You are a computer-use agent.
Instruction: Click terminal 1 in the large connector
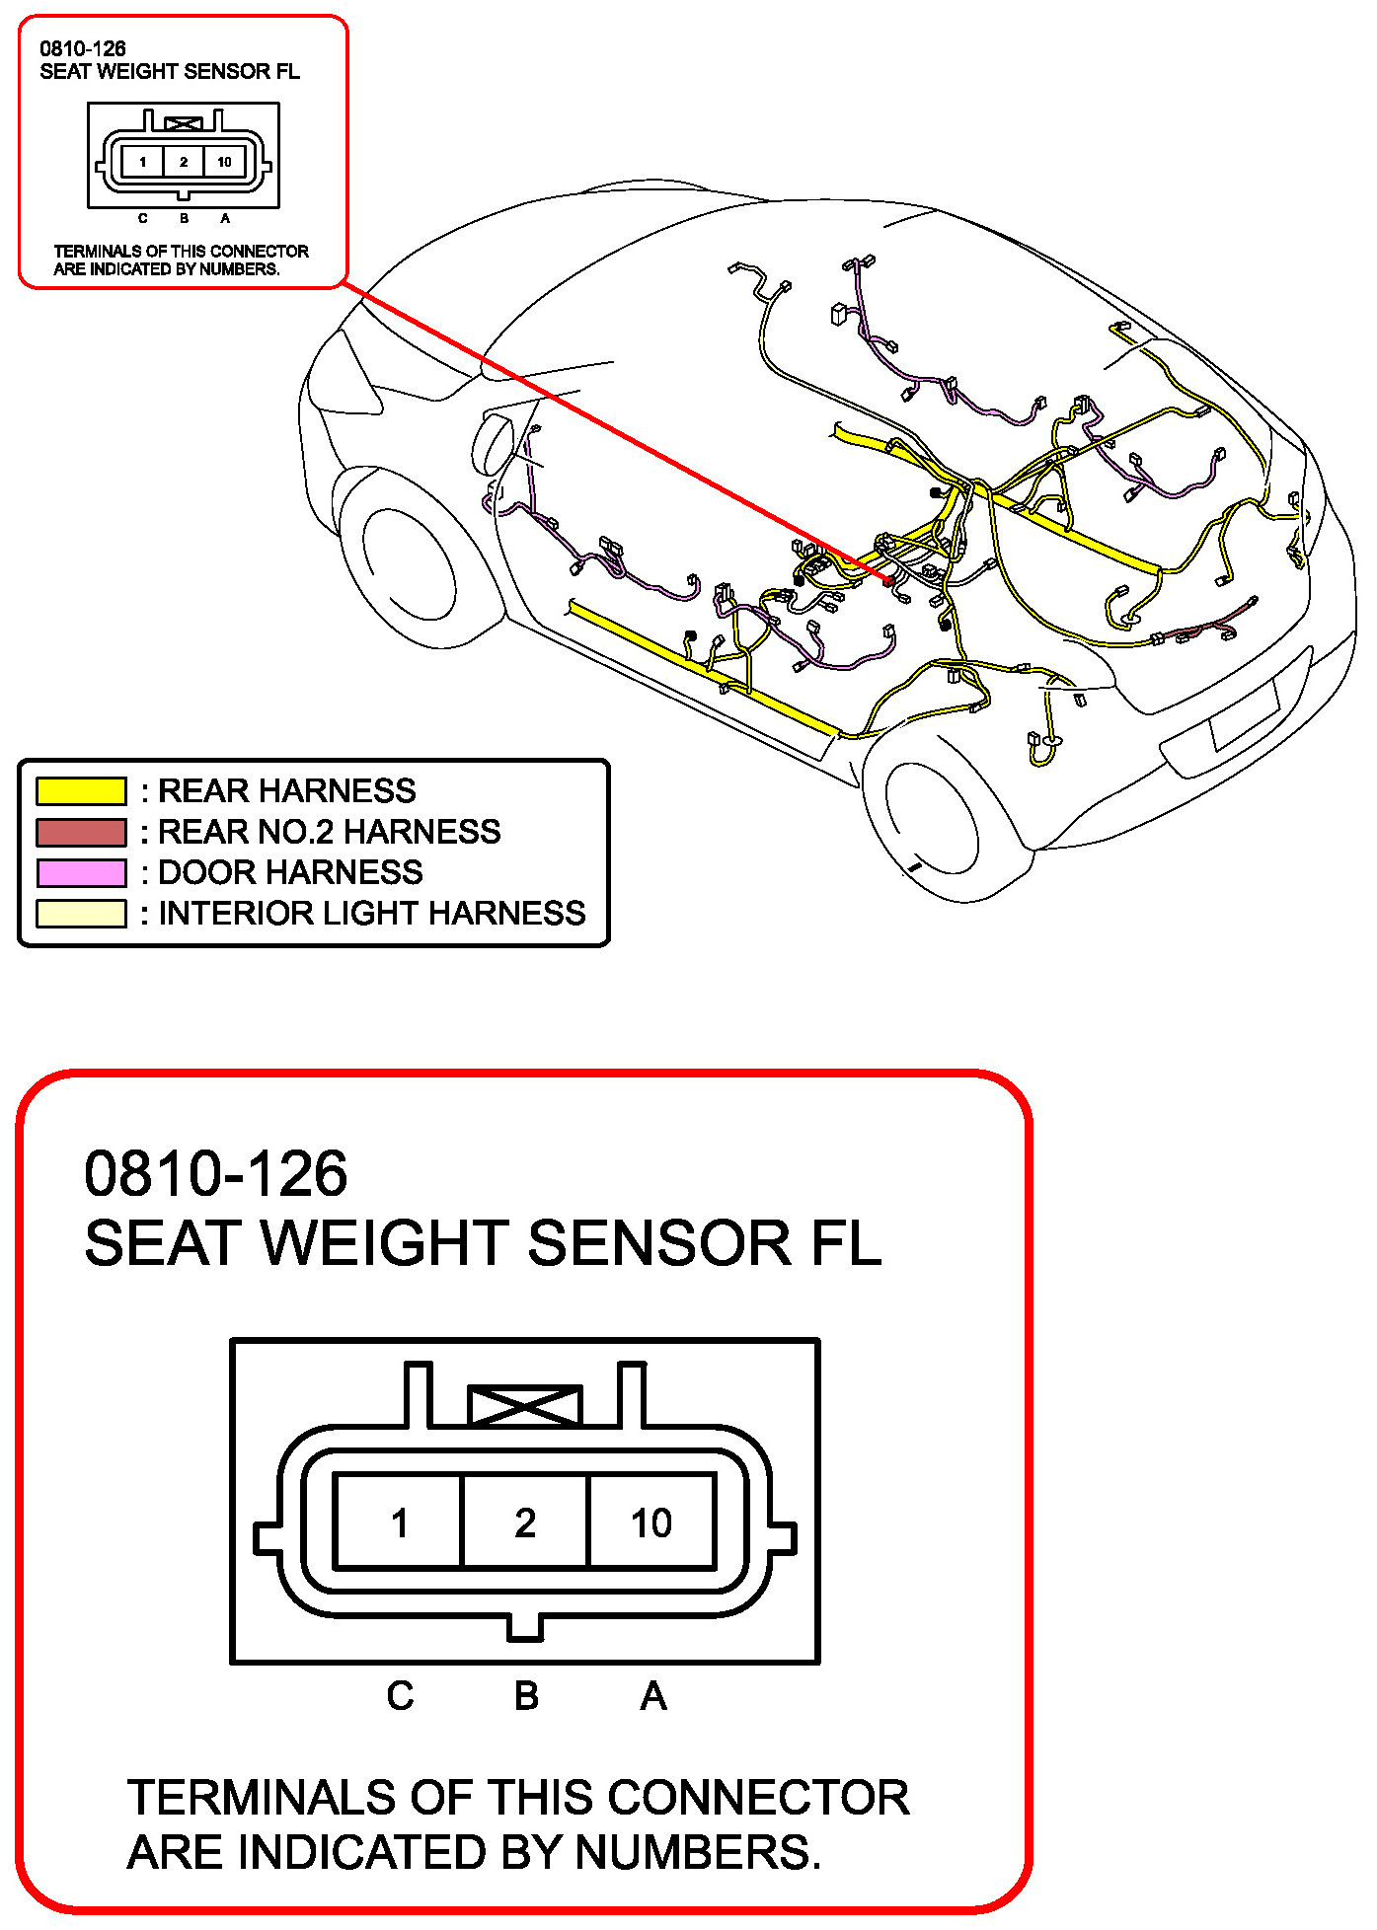pos(399,1522)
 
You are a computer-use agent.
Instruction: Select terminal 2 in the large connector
pos(525,1522)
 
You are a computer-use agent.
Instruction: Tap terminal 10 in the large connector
pos(651,1522)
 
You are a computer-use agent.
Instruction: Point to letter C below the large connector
pos(400,1696)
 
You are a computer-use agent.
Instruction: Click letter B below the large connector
pos(526,1696)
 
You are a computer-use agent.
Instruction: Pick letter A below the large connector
pos(653,1696)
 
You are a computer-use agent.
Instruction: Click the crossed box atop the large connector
pos(524,1406)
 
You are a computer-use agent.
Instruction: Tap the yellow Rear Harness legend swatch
pos(81,791)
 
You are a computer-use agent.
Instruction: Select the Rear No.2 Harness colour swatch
pos(81,832)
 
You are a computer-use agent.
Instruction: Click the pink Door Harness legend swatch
pos(81,872)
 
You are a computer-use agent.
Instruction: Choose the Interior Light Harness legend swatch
pos(81,913)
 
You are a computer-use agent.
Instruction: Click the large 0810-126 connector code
pos(216,1173)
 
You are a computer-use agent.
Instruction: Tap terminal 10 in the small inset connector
pos(224,162)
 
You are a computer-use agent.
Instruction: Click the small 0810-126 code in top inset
pos(83,48)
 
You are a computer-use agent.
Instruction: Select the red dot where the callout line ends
pos(888,582)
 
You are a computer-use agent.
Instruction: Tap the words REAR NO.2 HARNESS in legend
pos(330,832)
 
